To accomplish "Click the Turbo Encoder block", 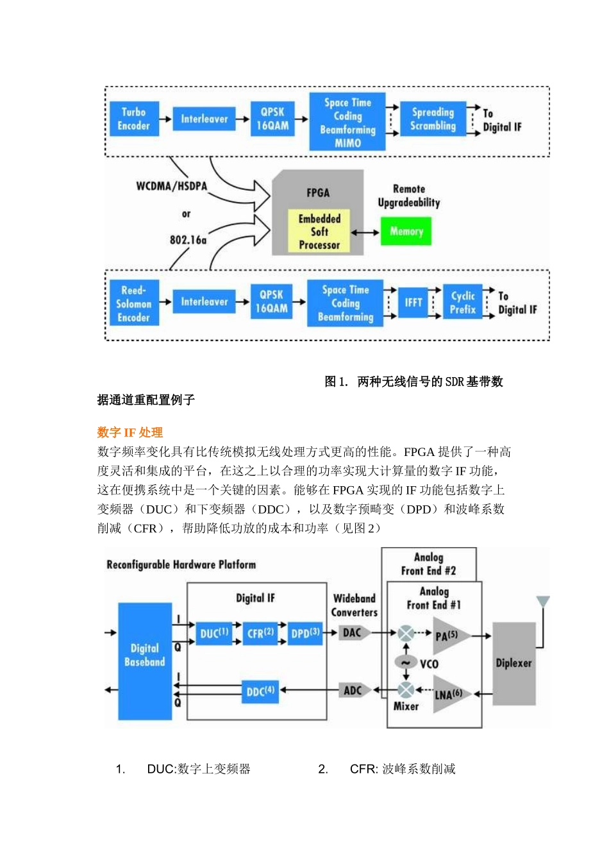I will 133,119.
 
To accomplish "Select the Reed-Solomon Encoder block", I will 133,303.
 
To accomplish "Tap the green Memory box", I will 406,232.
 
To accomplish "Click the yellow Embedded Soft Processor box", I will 319,232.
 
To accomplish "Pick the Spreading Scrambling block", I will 433,119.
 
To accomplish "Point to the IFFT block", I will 413,302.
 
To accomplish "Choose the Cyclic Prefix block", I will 462,303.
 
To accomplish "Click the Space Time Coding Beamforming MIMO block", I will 347,122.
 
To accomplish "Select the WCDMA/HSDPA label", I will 171,186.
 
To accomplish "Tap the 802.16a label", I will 188,240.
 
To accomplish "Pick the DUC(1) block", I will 214,634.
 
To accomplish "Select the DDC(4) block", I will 260,691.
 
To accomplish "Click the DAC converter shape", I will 353,633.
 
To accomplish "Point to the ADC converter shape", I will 353,691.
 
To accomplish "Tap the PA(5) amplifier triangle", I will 449,636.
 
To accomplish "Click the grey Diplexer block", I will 513,663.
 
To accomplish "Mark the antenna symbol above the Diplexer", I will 543,602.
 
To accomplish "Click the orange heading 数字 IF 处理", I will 130,432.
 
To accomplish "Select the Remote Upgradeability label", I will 409,196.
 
